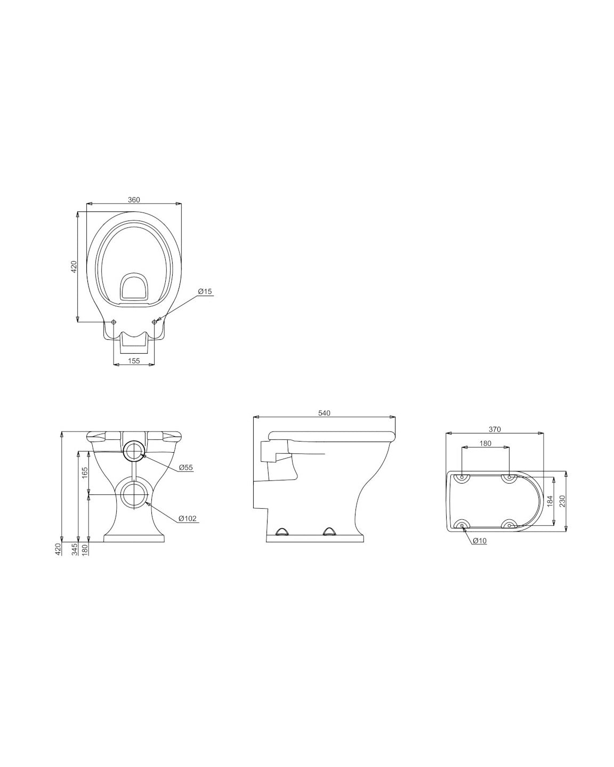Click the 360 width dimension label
click(134, 200)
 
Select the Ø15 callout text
click(205, 291)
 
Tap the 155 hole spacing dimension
click(134, 361)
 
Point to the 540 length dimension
click(324, 413)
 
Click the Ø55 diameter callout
click(185, 467)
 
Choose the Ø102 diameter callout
click(188, 518)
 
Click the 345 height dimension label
click(75, 549)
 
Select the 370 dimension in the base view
click(494, 430)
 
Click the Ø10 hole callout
click(480, 541)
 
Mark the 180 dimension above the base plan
click(485, 443)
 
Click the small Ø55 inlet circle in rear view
click(134, 451)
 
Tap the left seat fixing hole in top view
click(114, 322)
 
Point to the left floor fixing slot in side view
click(281, 531)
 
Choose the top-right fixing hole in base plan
click(510, 477)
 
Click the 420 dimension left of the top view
click(75, 266)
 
